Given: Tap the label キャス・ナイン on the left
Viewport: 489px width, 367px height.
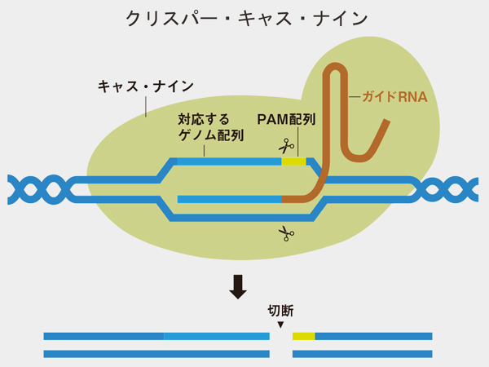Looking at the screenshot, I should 145,86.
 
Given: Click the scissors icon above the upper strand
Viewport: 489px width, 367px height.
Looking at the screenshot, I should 285,147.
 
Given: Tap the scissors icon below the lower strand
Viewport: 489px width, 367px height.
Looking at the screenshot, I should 284,233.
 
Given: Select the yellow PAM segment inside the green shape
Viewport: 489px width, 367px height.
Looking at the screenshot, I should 293,161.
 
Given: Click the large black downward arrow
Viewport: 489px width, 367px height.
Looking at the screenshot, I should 237,286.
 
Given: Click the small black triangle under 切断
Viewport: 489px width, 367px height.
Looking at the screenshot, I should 280,325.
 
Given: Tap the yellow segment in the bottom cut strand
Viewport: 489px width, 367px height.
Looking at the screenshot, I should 303,336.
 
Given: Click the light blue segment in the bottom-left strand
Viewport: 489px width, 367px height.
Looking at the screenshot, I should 216,336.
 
